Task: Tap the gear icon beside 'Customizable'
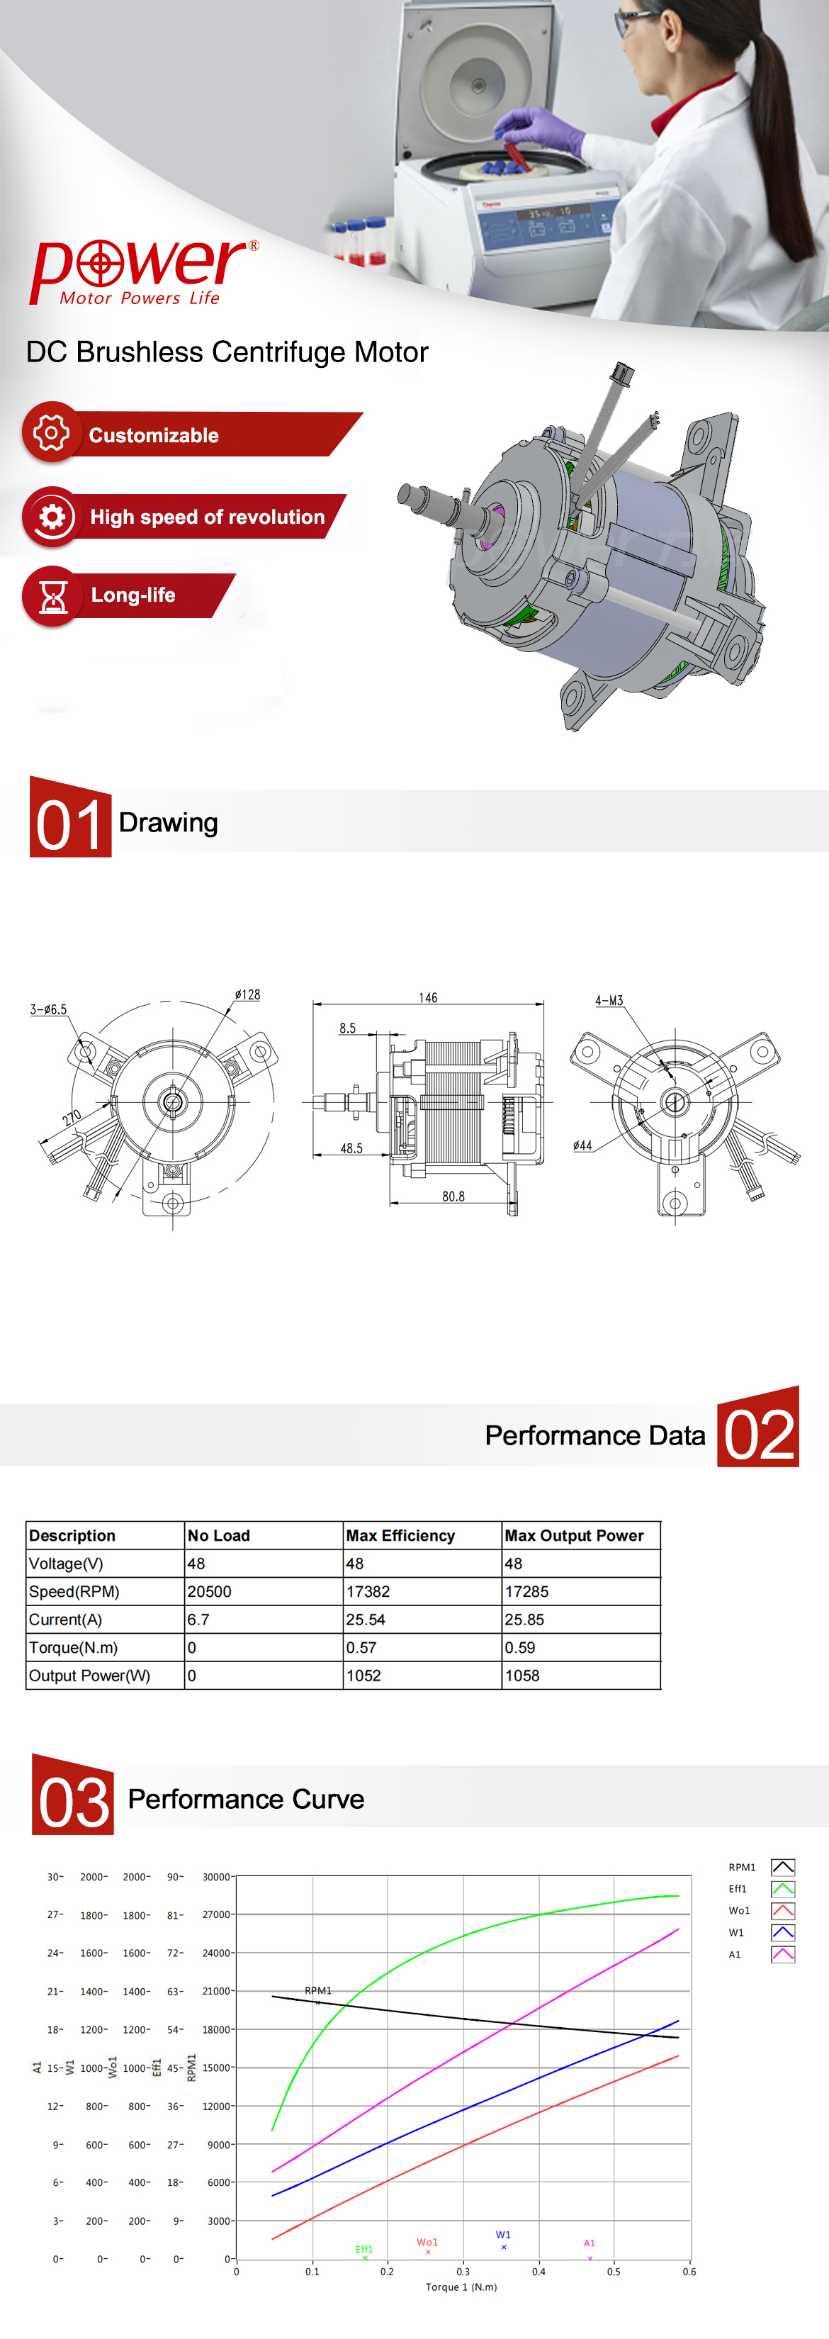pos(52,432)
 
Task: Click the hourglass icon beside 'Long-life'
pos(52,595)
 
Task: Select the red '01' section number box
pos(71,817)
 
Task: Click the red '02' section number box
pos(758,1427)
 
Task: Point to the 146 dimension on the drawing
pos(428,997)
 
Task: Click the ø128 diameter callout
pos(247,994)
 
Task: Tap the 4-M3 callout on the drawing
pos(609,1001)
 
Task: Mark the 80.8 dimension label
pos(453,1196)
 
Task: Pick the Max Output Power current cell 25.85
pos(525,1620)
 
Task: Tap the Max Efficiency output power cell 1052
pos(364,1676)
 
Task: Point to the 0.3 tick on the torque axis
pos(463,2272)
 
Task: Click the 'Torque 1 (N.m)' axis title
pos(461,2287)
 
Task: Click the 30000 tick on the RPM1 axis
pos(216,1877)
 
